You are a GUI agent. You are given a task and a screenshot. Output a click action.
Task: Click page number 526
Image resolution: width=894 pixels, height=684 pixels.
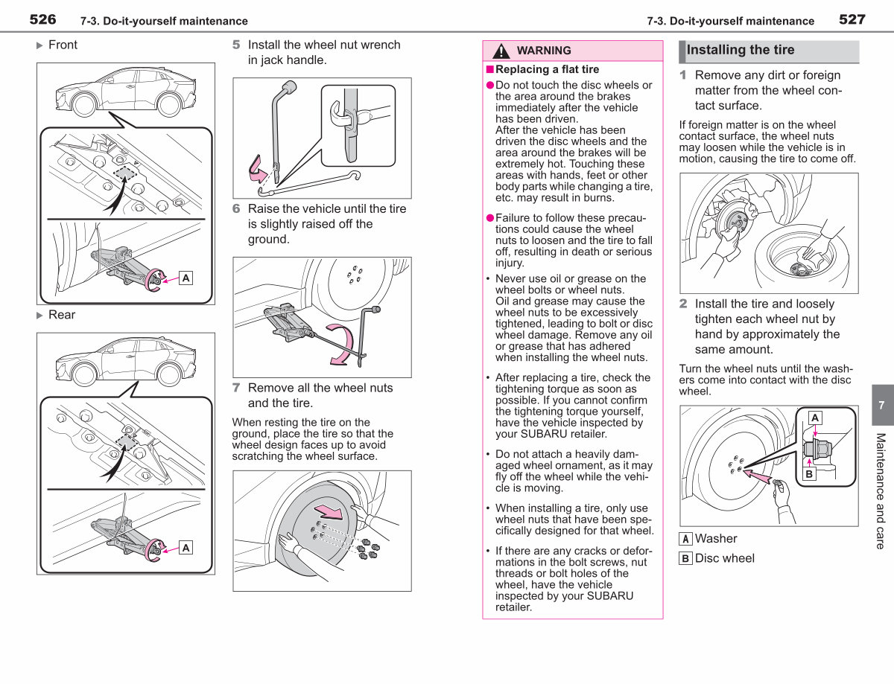[42, 19]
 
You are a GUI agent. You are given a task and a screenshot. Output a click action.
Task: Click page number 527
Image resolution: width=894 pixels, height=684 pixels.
[852, 19]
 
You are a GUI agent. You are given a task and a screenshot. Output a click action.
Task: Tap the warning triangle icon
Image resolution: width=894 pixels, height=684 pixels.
[501, 51]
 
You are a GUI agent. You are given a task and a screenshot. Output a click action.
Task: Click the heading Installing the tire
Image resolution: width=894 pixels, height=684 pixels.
[740, 50]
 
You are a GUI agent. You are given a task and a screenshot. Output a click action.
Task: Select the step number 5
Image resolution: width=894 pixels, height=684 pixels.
[236, 45]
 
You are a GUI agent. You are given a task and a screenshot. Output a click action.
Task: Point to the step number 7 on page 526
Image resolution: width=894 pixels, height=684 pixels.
[236, 388]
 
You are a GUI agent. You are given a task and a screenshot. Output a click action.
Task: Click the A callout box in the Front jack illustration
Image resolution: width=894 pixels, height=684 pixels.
[186, 278]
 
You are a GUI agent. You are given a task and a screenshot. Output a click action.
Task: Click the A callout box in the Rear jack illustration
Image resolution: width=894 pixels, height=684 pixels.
[186, 548]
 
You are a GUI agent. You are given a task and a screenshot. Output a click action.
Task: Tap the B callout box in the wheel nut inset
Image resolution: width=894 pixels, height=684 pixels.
[809, 474]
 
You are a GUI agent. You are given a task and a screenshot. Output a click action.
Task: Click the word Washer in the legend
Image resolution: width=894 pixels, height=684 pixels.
[716, 539]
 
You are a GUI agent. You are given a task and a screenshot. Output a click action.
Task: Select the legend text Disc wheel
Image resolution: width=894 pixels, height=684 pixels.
[724, 558]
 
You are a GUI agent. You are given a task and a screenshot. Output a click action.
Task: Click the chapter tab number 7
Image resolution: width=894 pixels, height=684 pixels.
[881, 406]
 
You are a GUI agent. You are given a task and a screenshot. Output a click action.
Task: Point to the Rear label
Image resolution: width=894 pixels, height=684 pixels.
[62, 315]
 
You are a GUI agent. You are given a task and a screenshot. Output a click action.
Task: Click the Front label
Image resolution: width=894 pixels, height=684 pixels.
[63, 45]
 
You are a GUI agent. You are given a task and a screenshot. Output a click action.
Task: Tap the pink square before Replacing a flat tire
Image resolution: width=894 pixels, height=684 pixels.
[489, 69]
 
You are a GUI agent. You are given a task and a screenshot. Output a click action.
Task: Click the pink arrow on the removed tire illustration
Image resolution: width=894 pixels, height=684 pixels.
[329, 512]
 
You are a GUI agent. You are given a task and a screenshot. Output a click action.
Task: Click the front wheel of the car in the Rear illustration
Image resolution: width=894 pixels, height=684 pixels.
[85, 374]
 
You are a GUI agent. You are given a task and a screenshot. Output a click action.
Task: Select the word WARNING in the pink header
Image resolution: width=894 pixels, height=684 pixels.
[544, 51]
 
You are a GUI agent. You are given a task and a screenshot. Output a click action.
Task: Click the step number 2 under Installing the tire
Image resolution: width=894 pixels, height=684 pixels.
[683, 304]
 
